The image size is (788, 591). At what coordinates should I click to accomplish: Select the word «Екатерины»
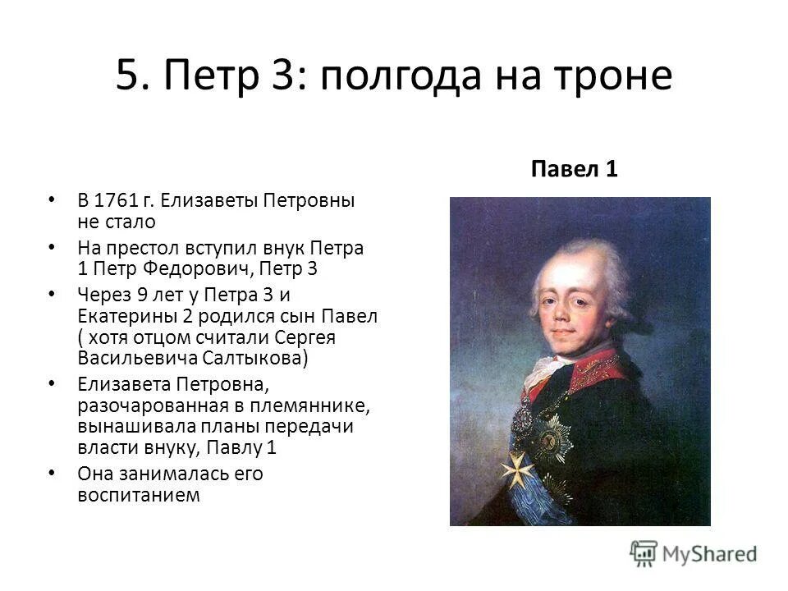[124, 316]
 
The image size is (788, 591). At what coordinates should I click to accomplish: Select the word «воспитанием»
[139, 495]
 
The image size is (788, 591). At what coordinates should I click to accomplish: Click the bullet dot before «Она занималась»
[53, 473]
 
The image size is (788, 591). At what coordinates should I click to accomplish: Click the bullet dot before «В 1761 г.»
[53, 199]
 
